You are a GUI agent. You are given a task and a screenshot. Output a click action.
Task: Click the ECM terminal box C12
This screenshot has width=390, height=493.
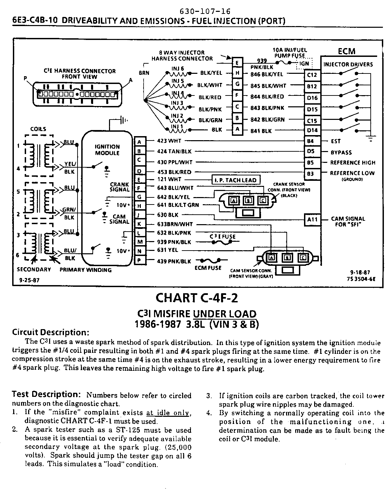coord(311,75)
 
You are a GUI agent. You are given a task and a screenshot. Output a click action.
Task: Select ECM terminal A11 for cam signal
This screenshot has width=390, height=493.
coord(312,219)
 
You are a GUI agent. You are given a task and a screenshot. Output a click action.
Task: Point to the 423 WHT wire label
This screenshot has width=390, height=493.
coord(169,141)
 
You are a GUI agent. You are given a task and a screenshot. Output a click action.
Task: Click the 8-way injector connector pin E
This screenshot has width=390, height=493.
coord(237,63)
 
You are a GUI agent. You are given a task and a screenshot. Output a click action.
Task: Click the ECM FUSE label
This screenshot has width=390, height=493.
coord(208,268)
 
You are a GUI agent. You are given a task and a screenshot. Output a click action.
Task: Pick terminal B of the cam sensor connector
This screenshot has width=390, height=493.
coord(287,258)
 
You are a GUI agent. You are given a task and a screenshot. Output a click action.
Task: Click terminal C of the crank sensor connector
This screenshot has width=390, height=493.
coord(262,200)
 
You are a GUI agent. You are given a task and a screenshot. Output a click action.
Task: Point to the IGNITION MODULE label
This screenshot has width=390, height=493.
coord(107,150)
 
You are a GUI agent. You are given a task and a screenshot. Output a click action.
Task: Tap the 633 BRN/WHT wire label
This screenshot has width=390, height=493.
coord(175,224)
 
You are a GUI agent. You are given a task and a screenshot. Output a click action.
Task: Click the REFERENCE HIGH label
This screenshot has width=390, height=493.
coord(353,163)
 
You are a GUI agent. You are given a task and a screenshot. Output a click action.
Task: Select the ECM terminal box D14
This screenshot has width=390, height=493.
coord(311,130)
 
